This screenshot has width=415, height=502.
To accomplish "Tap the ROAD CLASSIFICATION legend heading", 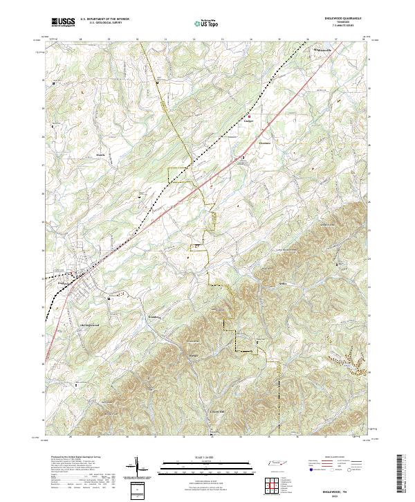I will coord(335,458).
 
